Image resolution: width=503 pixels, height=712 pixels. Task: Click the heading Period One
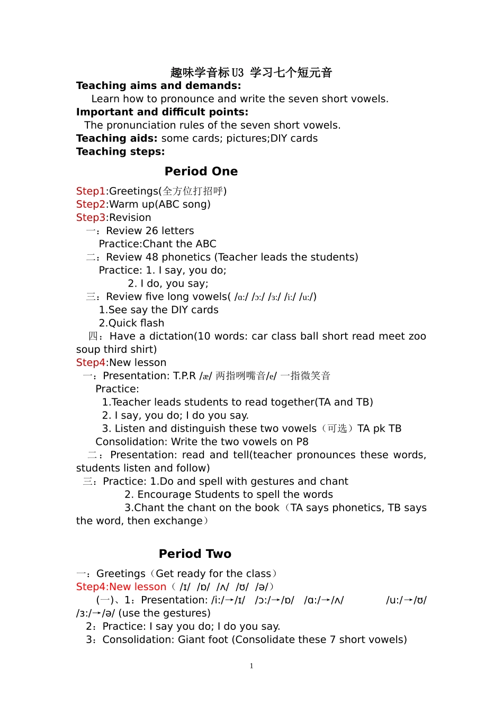201,171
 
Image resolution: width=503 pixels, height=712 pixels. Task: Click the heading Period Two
195,554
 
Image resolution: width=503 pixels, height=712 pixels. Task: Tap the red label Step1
91,191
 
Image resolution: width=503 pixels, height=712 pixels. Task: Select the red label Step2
91,204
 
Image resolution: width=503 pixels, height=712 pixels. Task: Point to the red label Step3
91,218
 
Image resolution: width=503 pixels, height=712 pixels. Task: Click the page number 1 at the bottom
251,666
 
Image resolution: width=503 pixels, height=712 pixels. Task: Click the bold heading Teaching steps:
120,152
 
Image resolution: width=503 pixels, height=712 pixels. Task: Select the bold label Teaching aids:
116,138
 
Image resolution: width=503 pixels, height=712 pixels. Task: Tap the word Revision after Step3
130,218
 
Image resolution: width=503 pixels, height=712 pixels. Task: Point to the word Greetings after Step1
134,191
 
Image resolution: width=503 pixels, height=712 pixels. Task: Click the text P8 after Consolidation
302,442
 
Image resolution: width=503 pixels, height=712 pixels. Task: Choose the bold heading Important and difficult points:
162,112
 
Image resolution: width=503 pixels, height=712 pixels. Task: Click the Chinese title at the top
251,73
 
